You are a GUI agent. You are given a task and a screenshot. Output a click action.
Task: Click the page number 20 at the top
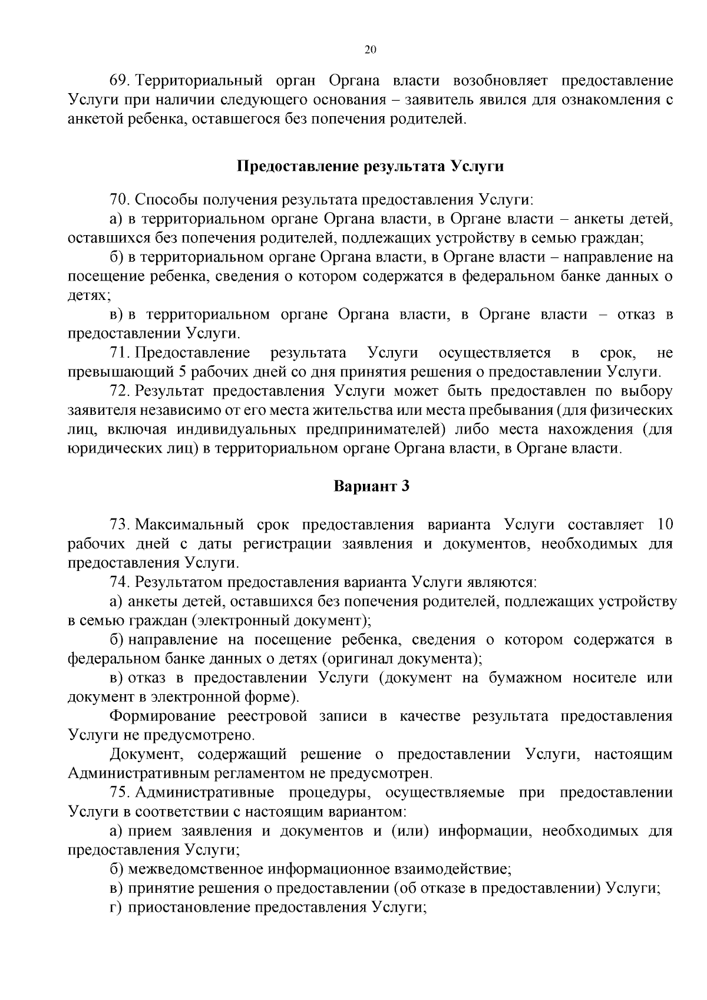point(370,50)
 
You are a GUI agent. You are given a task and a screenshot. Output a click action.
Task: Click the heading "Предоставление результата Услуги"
point(370,166)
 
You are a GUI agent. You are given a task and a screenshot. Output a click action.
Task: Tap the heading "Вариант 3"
point(371,486)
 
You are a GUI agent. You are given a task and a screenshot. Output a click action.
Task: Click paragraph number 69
point(119,80)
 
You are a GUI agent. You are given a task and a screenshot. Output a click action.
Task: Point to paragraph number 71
point(119,353)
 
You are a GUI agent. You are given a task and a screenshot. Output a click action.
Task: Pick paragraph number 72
point(119,391)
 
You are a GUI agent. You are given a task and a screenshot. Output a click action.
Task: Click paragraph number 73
point(119,524)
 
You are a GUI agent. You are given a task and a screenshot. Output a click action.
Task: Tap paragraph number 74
point(120,582)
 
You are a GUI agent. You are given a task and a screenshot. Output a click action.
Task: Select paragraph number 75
point(119,793)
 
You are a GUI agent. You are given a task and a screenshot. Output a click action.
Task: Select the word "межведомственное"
point(196,869)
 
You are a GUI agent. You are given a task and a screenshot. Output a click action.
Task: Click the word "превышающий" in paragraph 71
point(120,372)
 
